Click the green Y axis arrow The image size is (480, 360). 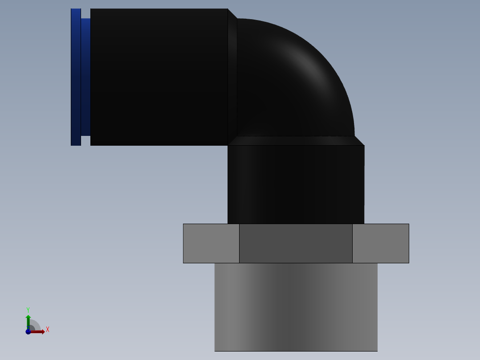28,320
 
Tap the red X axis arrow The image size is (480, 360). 39,331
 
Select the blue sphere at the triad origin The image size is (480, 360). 28,331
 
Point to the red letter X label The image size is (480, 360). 47,330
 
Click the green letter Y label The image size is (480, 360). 28,310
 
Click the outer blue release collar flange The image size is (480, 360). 76,77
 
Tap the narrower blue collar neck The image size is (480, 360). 85,77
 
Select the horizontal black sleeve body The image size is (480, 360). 159,77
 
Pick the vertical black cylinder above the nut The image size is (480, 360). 296,184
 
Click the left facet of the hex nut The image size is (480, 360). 211,243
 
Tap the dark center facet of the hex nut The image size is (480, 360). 296,243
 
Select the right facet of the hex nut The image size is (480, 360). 380,243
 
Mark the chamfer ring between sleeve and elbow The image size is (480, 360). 232,77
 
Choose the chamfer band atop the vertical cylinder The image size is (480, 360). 296,141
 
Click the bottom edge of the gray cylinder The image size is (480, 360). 296,351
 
